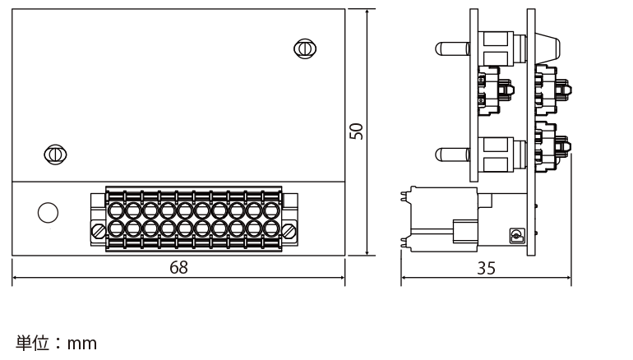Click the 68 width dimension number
point(178,267)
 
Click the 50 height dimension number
point(356,132)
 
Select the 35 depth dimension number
point(486,268)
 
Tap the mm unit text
point(82,344)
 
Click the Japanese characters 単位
point(32,343)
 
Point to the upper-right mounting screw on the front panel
point(305,48)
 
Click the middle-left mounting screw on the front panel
point(55,155)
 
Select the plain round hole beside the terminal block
point(48,213)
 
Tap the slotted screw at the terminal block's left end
point(99,231)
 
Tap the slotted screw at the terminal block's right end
point(289,231)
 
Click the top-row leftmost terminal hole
point(116,210)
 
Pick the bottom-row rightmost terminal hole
point(271,228)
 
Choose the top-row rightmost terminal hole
point(271,210)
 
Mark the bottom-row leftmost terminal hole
point(116,228)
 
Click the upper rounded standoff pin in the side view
point(452,48)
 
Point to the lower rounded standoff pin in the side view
point(452,155)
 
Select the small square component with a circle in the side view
point(517,236)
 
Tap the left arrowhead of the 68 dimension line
point(16,278)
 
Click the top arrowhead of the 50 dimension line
point(367,12)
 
